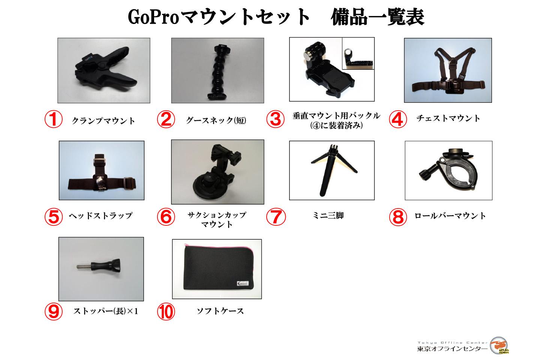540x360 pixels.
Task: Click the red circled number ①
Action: point(53,120)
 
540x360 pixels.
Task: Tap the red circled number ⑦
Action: point(276,217)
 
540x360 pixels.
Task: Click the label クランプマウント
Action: point(103,121)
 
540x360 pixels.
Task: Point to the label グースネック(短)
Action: point(216,120)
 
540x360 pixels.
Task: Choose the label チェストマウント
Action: point(448,118)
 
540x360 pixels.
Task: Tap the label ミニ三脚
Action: point(328,216)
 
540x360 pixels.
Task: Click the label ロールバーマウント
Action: point(450,216)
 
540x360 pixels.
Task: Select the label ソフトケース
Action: point(220,311)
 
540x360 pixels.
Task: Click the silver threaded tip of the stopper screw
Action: point(82,267)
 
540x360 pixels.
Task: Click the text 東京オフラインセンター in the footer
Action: point(452,349)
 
